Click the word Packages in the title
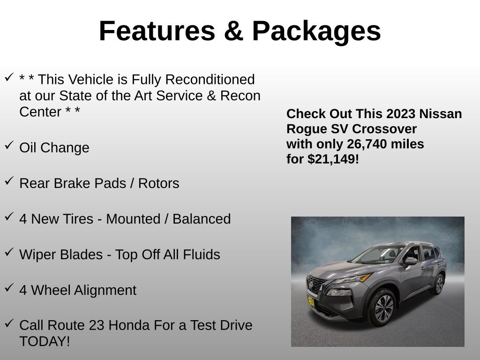316,31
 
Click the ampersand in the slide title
233,31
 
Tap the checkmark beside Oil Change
9,146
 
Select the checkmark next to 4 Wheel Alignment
9,288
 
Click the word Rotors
158,183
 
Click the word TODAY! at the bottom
45,341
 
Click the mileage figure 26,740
367,144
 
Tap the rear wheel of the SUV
439,284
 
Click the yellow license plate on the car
311,300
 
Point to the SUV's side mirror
410,261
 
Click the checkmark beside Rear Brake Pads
9,181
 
